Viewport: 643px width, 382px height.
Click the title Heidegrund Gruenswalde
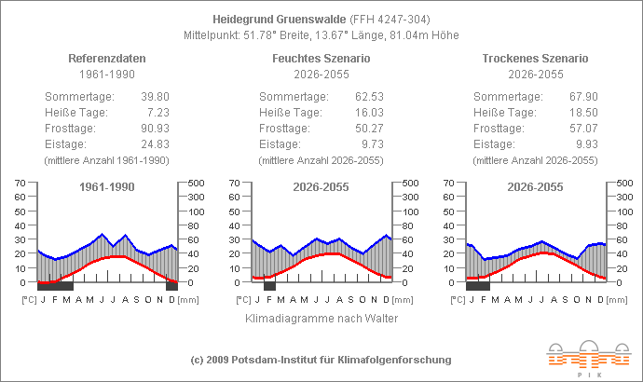(x=279, y=20)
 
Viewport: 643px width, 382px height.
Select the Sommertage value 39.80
(x=155, y=97)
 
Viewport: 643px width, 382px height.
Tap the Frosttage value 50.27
(x=369, y=129)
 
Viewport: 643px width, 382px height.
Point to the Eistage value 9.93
(x=587, y=144)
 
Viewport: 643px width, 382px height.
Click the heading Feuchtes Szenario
(x=321, y=59)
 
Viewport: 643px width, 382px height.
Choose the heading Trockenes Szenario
(x=535, y=59)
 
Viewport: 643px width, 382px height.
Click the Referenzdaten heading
(x=107, y=59)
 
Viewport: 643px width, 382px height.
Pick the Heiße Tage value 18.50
(x=583, y=113)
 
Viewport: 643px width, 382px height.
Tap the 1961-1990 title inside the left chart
(x=107, y=187)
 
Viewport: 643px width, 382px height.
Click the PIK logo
(x=589, y=358)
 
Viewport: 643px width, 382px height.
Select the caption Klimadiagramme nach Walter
(x=321, y=319)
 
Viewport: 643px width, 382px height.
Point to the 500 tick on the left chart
(x=196, y=184)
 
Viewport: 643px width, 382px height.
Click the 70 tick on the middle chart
(x=234, y=183)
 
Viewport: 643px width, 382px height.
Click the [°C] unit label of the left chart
(x=29, y=300)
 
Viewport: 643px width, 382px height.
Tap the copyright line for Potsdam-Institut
(x=321, y=360)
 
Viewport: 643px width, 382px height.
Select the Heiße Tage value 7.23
(x=158, y=113)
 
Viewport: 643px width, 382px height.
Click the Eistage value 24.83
(x=155, y=144)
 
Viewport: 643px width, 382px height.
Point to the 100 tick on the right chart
(x=625, y=211)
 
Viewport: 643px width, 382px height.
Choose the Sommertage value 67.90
(x=583, y=97)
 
